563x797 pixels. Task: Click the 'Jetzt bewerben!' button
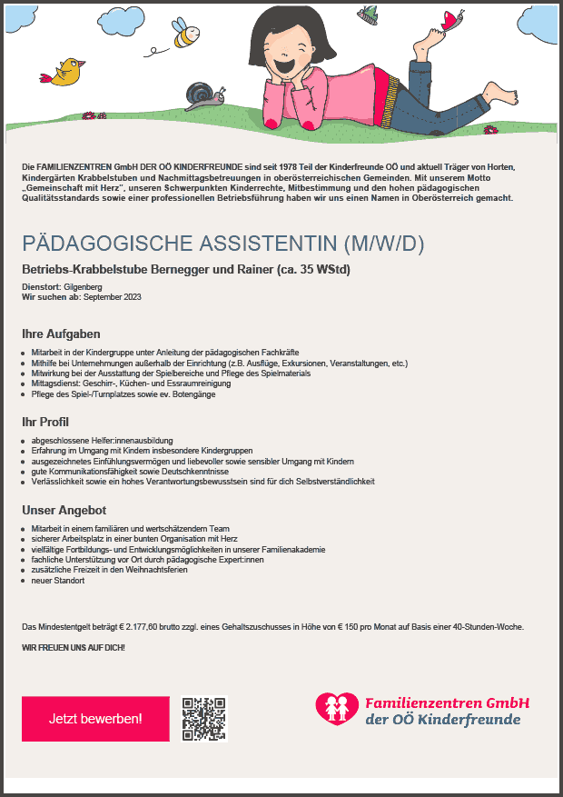pos(95,719)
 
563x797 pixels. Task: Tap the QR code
pos(203,719)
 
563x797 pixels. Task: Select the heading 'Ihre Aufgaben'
pos(61,334)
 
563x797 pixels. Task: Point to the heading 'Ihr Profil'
pos(45,422)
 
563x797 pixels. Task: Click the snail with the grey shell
pos(202,95)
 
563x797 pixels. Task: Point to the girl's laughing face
pos(286,55)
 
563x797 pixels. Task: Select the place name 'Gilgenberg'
pos(84,287)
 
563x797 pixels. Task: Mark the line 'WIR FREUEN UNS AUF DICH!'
pos(73,647)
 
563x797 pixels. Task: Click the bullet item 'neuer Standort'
pos(58,580)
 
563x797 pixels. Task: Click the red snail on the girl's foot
pos(452,19)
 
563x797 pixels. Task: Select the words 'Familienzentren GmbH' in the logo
pos(447,703)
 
